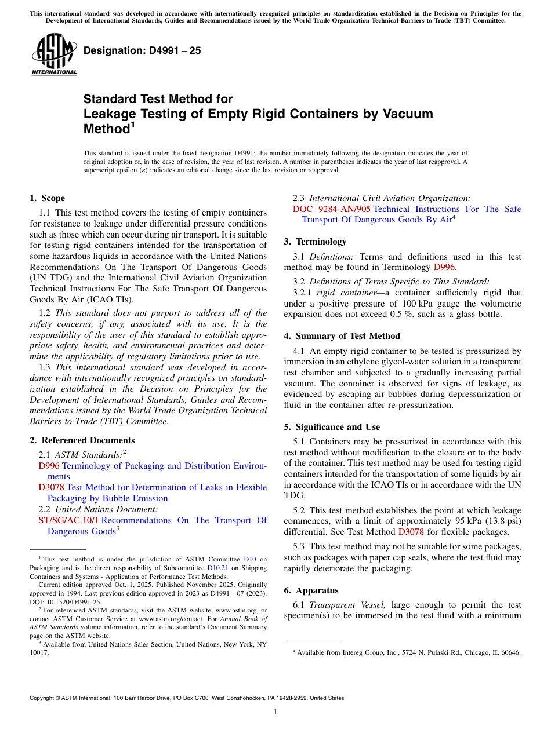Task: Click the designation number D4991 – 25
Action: click(142, 50)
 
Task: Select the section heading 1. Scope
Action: click(47, 198)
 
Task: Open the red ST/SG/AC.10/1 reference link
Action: click(68, 520)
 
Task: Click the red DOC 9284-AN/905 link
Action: click(331, 209)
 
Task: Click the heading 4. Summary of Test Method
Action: click(342, 336)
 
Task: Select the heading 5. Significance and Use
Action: click(332, 427)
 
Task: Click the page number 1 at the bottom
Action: click(275, 712)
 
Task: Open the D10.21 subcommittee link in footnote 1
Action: click(218, 568)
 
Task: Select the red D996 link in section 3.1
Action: click(445, 267)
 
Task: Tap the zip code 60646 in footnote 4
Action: click(510, 652)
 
